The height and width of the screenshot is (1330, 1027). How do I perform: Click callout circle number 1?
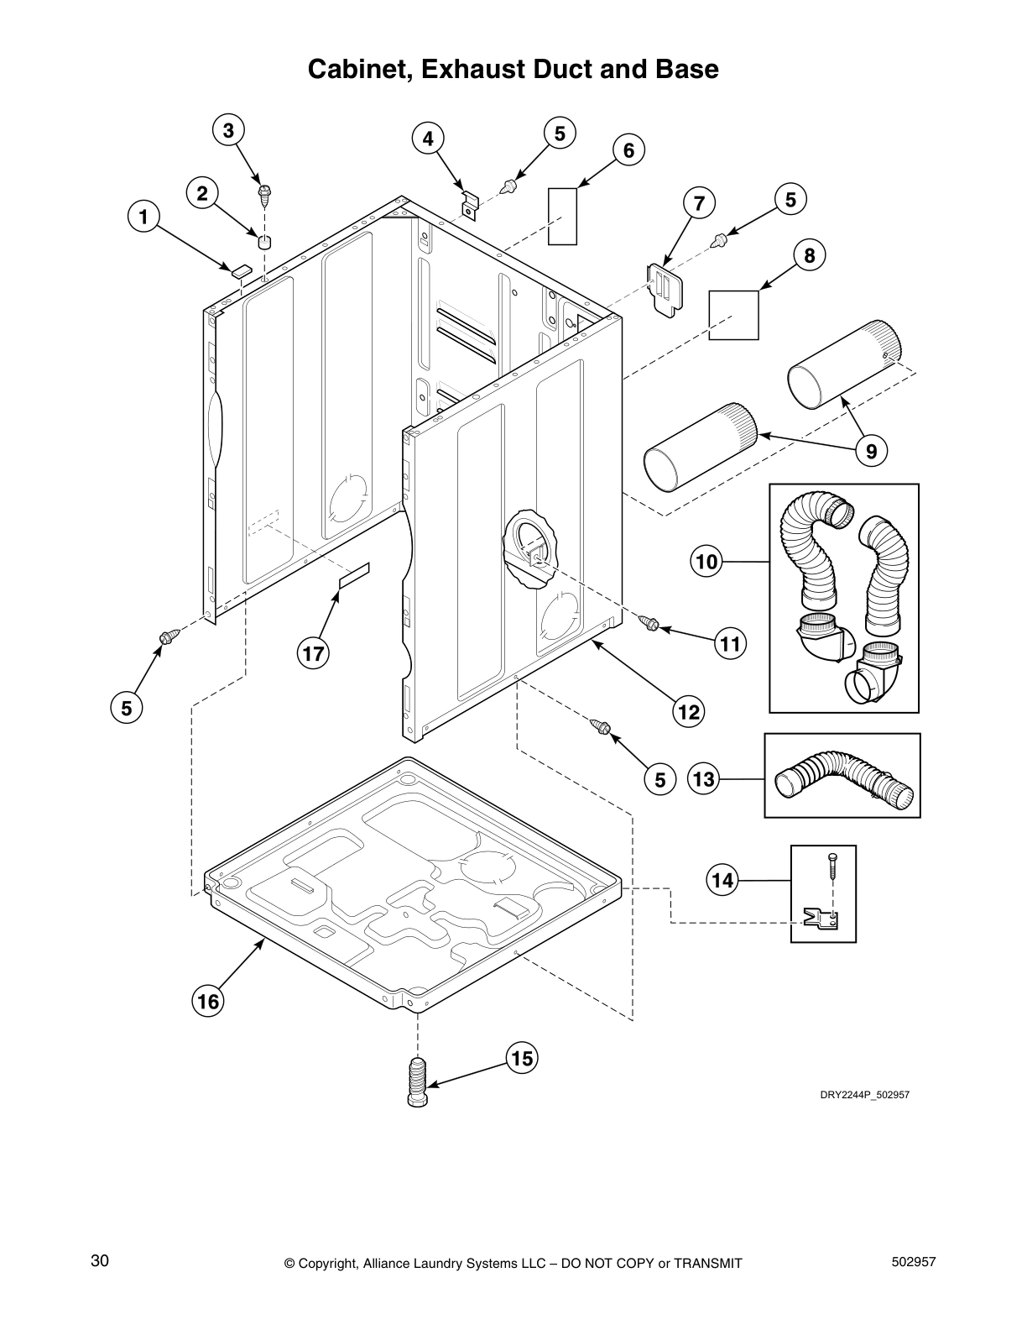143,217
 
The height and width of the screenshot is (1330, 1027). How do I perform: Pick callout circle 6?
628,150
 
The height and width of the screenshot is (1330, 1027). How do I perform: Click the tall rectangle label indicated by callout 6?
562,216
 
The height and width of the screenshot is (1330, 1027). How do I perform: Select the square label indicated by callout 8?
733,315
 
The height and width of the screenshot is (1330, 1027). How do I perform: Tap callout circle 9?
871,452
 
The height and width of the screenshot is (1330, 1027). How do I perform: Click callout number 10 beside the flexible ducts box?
707,560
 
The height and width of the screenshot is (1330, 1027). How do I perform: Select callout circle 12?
688,712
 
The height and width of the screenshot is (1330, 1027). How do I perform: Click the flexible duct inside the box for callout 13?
842,778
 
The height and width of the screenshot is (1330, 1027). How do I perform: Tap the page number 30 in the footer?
100,1260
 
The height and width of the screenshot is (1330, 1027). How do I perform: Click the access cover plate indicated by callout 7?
665,289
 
